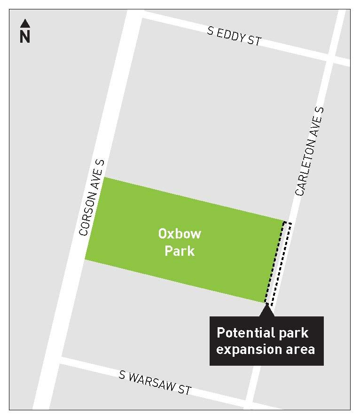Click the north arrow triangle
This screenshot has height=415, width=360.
coord(25,23)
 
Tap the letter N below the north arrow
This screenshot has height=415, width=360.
coord(25,37)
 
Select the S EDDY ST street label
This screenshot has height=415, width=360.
coord(234,36)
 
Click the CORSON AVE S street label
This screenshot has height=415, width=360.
coord(92,197)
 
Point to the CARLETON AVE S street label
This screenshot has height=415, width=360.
coord(310,151)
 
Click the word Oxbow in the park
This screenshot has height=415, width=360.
coord(180,233)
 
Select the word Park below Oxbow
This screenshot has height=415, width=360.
coord(179,251)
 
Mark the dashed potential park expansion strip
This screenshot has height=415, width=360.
coord(279,263)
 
